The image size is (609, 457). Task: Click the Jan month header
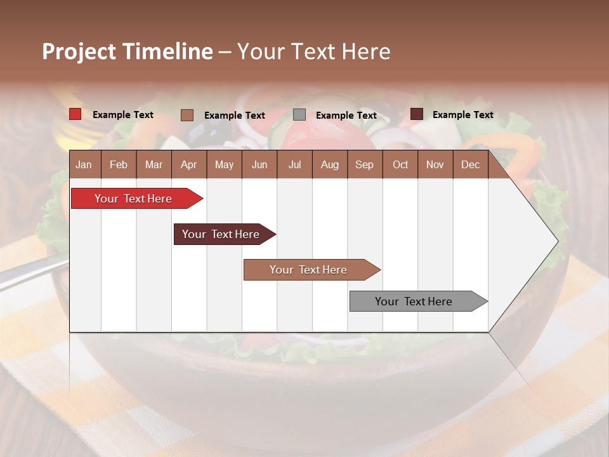(x=84, y=164)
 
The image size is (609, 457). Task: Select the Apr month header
(x=188, y=164)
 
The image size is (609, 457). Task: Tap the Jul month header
(x=294, y=164)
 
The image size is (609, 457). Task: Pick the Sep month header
(x=364, y=164)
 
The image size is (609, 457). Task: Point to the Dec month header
(x=470, y=164)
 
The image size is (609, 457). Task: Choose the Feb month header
(x=119, y=164)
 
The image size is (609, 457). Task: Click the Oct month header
(x=400, y=164)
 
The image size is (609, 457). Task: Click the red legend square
(x=75, y=114)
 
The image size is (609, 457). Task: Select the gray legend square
(x=299, y=115)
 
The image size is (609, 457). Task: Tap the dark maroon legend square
(x=417, y=114)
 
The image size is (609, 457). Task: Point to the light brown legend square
(x=187, y=115)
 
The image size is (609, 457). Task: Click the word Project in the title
(x=79, y=51)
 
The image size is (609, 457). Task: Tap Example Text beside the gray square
(x=346, y=116)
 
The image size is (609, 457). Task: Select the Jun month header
(x=259, y=164)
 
